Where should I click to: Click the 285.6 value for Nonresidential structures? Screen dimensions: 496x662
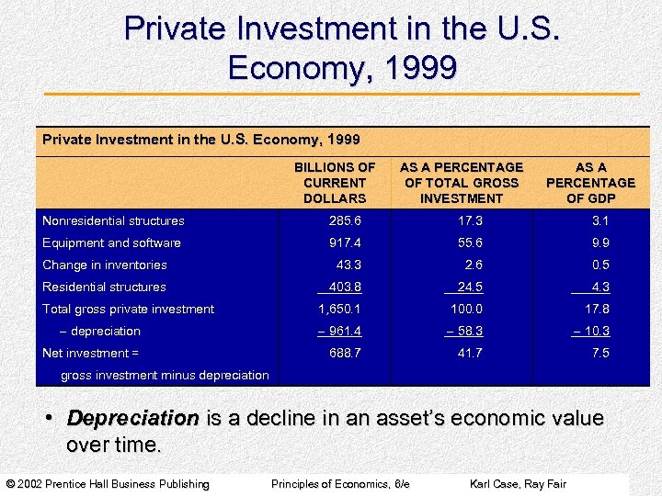click(346, 220)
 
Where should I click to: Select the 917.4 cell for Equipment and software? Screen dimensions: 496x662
click(346, 242)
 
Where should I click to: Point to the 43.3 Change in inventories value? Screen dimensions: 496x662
click(348, 265)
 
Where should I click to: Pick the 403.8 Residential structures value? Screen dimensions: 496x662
click(345, 287)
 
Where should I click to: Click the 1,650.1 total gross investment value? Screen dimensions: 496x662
click(340, 309)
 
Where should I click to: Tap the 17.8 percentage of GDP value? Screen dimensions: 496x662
click(598, 309)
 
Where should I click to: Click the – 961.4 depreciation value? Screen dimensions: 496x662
click(338, 331)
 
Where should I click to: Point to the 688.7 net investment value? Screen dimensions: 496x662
click(346, 353)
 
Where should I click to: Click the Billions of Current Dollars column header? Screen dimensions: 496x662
click(335, 183)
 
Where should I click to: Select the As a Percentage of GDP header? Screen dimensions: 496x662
click(590, 183)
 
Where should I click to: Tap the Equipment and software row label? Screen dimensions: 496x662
click(111, 242)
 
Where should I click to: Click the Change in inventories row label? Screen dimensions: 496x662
click(105, 265)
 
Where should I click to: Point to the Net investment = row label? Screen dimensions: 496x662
click(91, 353)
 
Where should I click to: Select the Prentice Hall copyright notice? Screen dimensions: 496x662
click(108, 484)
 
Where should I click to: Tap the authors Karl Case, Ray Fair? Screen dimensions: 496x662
click(518, 484)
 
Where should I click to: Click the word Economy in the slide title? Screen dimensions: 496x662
click(291, 68)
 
